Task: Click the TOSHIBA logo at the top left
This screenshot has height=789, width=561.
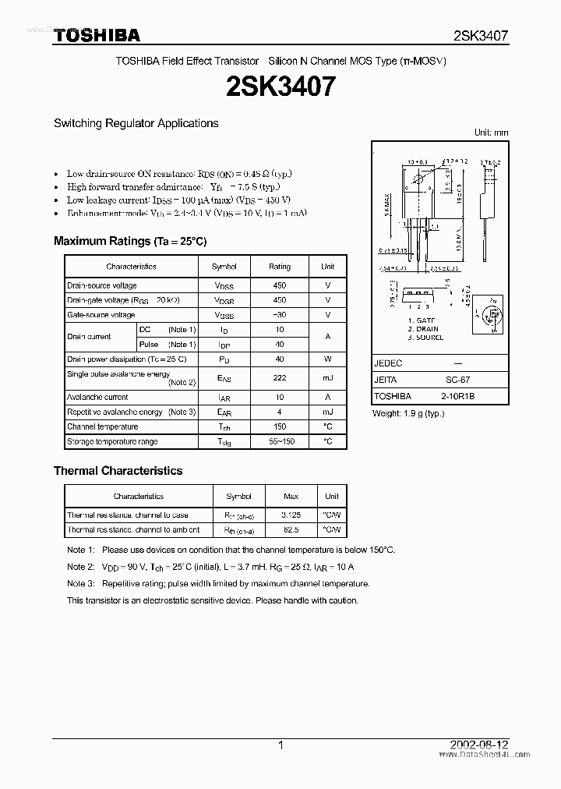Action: [x=97, y=35]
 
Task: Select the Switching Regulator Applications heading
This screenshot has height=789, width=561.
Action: [x=136, y=123]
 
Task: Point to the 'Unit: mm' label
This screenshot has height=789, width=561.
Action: [x=491, y=133]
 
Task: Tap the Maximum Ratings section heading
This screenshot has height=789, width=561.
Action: [x=130, y=241]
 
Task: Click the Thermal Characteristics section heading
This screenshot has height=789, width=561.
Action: [x=118, y=471]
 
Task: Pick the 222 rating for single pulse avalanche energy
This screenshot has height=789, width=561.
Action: [x=279, y=378]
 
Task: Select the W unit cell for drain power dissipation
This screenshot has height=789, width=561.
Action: [x=327, y=359]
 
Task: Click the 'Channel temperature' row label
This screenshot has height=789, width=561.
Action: [x=102, y=426]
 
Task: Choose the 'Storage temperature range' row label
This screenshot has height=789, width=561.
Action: [x=112, y=441]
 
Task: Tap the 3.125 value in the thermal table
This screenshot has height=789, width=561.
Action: [x=290, y=515]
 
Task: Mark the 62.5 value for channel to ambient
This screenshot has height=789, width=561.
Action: [x=290, y=529]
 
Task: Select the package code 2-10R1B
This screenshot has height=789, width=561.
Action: [x=457, y=396]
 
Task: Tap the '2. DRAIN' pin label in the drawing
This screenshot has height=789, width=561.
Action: [x=425, y=329]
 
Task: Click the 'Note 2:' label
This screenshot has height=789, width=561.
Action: [x=80, y=567]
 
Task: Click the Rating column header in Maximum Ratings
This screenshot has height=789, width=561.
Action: [x=279, y=266]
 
